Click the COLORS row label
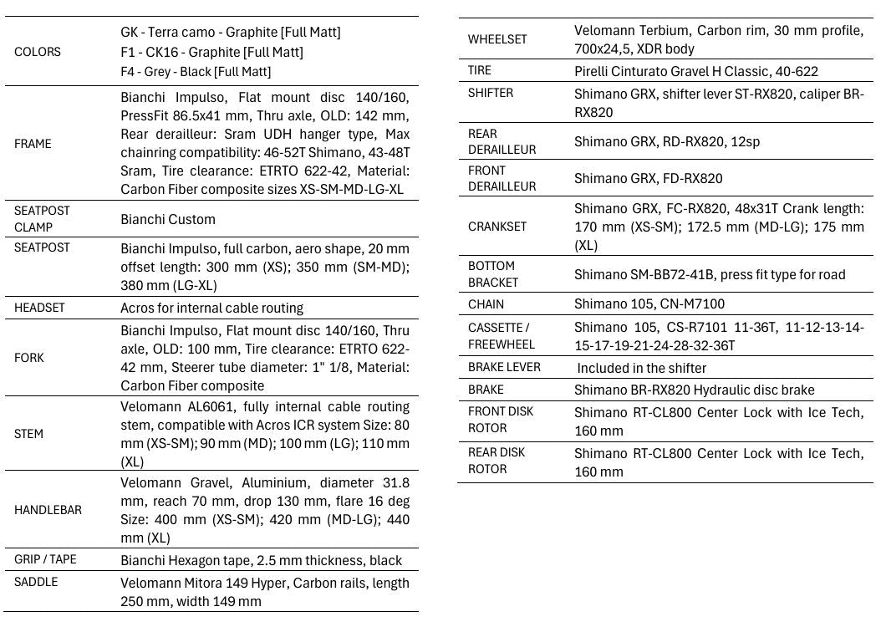coord(38,52)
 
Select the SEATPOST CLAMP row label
coord(42,219)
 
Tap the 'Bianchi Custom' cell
coord(168,220)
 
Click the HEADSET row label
coord(39,308)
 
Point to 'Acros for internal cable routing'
coord(211,308)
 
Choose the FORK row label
coord(29,358)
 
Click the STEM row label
coord(29,434)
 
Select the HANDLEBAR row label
coord(48,510)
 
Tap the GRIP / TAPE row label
coord(45,559)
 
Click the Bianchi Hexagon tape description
coord(261,560)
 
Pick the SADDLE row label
coord(36,582)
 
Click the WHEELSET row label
coord(497,39)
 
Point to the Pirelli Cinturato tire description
coord(696,71)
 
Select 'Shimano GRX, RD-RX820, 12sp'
coord(667,141)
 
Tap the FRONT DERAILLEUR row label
coord(502,178)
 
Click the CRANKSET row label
coord(497,227)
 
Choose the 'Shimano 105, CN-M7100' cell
coord(649,304)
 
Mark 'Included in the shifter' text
coord(641,368)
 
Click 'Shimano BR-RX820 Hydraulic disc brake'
coord(694,390)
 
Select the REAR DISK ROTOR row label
coord(497,461)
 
